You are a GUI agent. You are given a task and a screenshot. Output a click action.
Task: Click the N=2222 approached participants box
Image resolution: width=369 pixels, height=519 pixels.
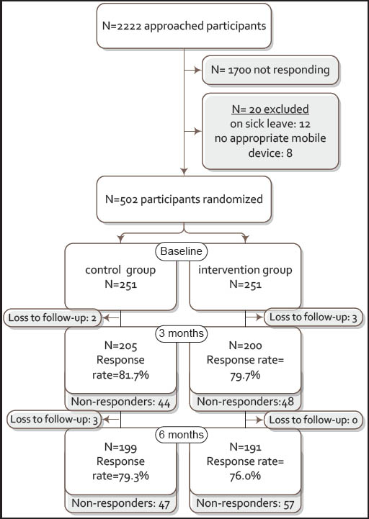pos(184,26)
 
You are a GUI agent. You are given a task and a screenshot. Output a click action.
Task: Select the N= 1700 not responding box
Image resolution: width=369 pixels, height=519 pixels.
pos(270,70)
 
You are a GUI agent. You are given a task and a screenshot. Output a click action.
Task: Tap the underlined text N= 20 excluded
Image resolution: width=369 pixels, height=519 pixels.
pos(270,109)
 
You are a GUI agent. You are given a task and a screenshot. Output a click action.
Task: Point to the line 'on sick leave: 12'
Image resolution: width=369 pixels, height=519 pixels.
pos(270,124)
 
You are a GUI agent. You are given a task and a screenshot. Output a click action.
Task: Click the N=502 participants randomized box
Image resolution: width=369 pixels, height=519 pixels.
pos(184,199)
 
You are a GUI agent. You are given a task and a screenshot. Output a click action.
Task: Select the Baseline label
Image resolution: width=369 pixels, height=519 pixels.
pos(182,251)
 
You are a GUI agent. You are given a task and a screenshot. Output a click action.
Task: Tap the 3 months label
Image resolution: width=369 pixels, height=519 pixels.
pos(182,333)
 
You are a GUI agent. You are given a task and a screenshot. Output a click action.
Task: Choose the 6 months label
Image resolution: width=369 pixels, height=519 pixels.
pos(182,434)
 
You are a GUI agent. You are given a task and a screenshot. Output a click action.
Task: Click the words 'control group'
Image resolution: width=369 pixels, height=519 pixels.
pos(120,270)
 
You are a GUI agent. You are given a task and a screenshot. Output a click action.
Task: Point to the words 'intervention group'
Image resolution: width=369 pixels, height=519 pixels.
pos(245,270)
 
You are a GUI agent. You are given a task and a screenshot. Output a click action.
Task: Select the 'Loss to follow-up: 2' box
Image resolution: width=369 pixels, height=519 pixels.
pos(53,317)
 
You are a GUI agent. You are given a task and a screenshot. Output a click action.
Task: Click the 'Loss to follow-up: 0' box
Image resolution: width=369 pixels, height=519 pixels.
pos(314,420)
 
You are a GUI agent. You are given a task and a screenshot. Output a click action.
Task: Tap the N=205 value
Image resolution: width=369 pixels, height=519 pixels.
pos(120,346)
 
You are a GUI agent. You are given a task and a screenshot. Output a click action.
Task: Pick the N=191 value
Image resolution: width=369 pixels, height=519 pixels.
pos(245,447)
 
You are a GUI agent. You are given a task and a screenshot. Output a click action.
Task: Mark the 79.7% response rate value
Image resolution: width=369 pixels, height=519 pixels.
pos(245,375)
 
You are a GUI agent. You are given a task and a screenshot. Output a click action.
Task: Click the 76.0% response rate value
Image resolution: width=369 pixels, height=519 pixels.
pos(245,476)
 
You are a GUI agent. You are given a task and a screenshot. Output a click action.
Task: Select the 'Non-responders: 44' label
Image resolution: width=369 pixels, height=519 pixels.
pos(120,402)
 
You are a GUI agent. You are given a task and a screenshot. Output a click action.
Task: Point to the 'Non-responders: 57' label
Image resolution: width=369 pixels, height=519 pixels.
pos(245,503)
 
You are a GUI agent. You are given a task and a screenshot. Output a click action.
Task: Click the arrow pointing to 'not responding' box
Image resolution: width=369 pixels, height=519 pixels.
pos(192,70)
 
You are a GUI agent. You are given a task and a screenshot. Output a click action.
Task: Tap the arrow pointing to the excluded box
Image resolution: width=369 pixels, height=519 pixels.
pos(192,132)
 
